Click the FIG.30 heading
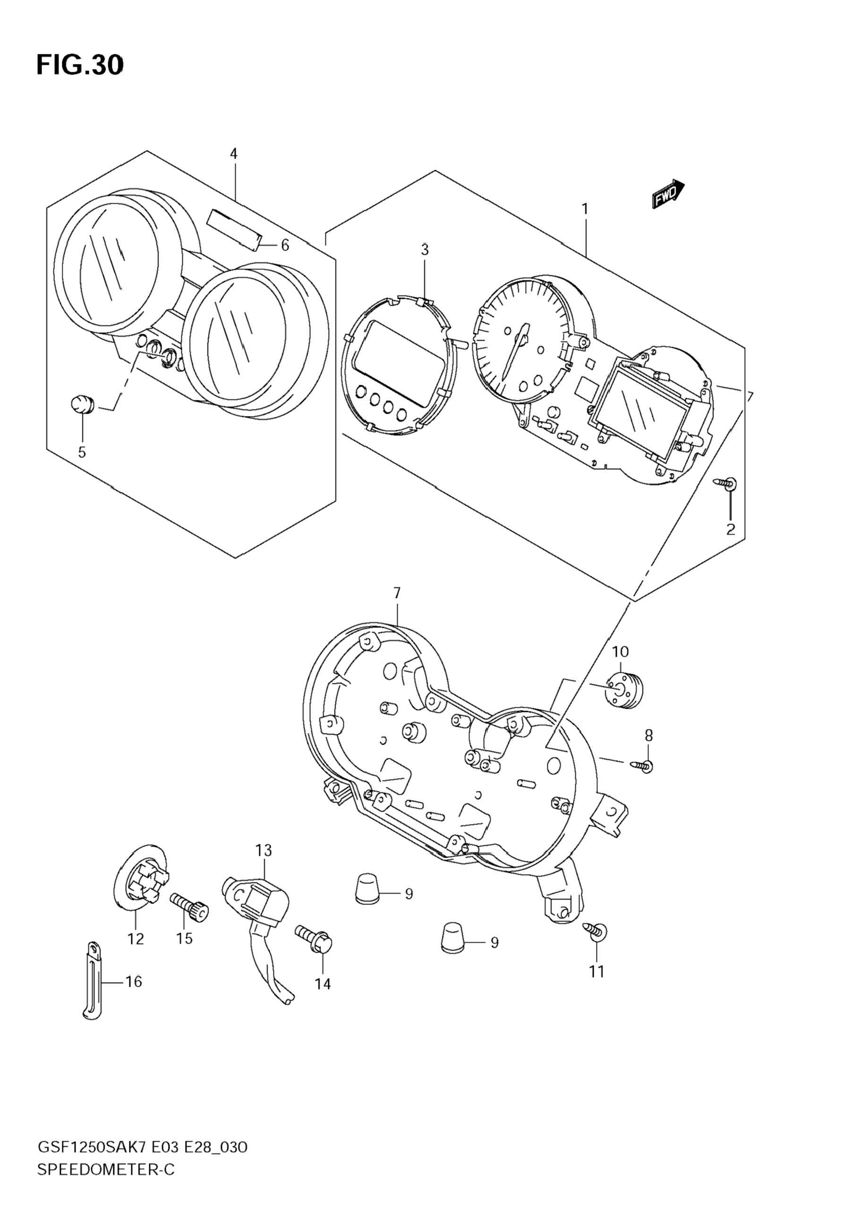(x=80, y=65)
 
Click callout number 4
(x=234, y=154)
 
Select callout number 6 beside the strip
(x=285, y=245)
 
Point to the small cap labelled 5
(x=81, y=405)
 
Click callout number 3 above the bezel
(x=425, y=250)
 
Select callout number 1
(x=585, y=209)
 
